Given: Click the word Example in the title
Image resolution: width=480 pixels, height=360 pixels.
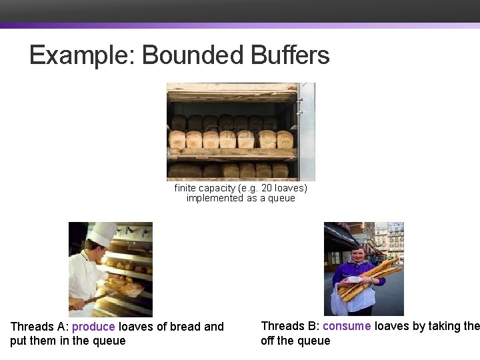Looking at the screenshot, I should [x=82, y=55].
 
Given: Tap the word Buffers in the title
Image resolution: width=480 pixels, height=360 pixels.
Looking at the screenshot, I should [x=291, y=55].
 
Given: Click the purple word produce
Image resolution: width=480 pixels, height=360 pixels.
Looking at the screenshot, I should [x=93, y=327].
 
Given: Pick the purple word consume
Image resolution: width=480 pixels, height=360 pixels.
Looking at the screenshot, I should [x=346, y=326].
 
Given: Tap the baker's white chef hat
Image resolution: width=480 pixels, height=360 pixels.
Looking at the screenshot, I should [x=103, y=234].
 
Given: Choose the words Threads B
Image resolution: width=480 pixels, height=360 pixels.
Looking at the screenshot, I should [x=289, y=326].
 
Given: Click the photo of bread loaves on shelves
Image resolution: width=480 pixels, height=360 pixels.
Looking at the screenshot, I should [x=240, y=131].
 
